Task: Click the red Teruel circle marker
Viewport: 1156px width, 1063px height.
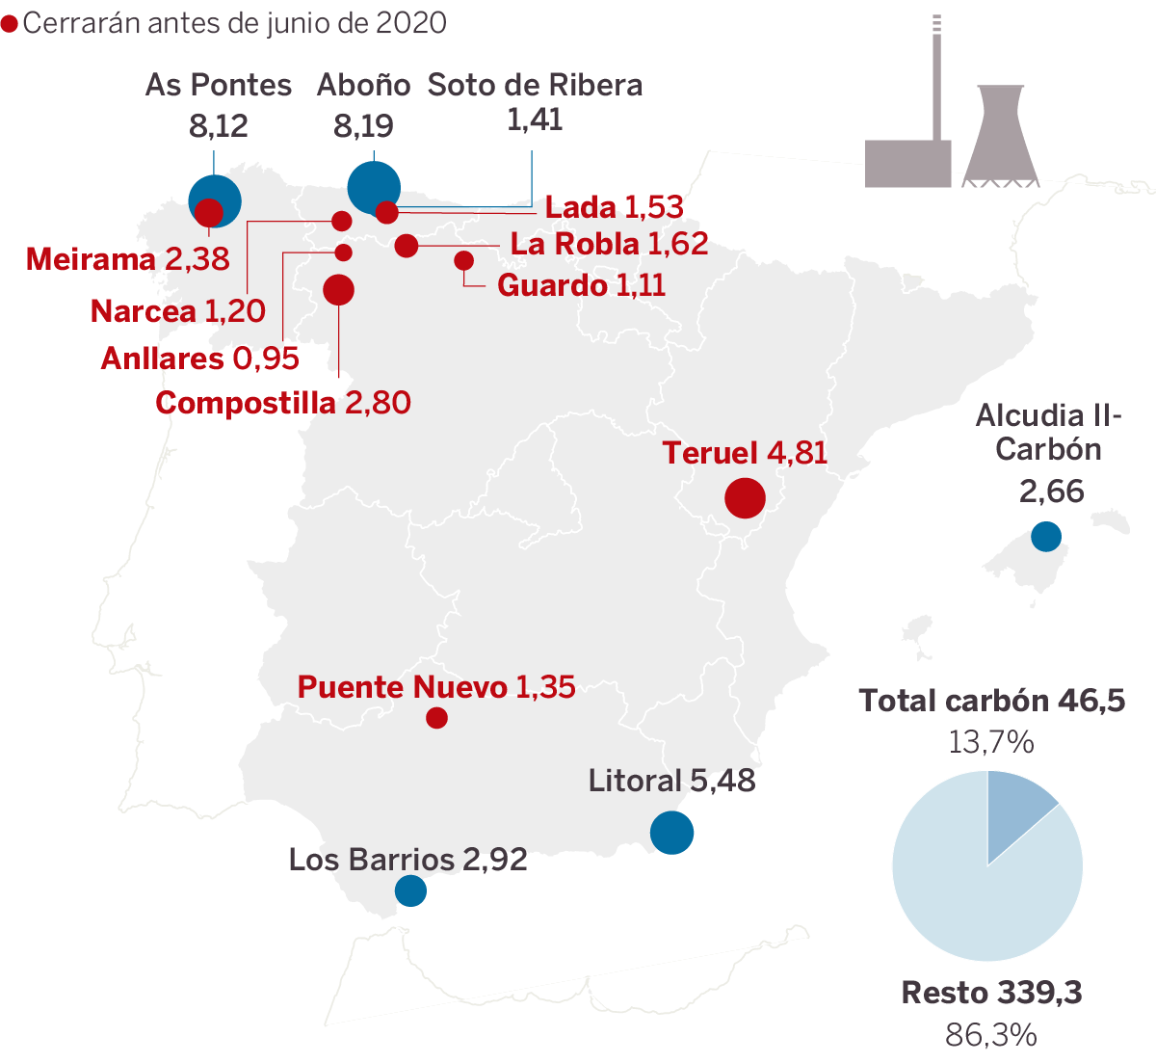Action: (x=745, y=498)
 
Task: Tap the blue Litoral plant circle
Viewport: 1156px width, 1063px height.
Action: (x=671, y=833)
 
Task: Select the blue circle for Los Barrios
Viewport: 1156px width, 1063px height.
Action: (x=410, y=890)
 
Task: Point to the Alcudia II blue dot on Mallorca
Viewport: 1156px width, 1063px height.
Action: (x=1045, y=536)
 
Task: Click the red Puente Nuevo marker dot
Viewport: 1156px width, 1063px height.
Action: (x=436, y=718)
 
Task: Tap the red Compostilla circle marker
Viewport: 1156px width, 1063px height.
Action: (x=338, y=289)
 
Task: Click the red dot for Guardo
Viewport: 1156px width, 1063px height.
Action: (x=463, y=260)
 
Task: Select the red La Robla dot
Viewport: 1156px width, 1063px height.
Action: (x=407, y=246)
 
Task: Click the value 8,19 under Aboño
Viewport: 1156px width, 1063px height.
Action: (x=363, y=126)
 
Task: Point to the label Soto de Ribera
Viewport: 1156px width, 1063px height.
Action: (x=535, y=85)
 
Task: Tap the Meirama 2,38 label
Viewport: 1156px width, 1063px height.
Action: (x=128, y=259)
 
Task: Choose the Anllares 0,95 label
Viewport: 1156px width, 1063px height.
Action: (x=200, y=359)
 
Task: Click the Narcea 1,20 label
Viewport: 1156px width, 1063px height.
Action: (x=178, y=311)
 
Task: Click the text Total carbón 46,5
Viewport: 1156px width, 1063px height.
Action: (x=991, y=701)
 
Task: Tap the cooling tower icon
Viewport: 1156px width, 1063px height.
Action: (x=1001, y=136)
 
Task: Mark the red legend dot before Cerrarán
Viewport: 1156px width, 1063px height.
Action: (x=10, y=24)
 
